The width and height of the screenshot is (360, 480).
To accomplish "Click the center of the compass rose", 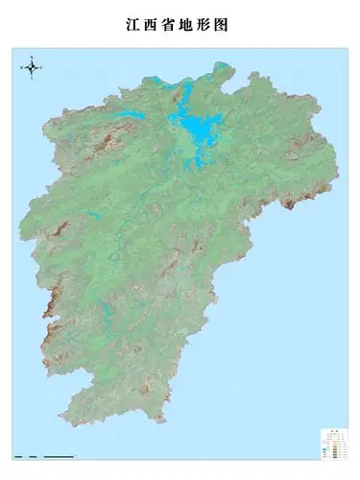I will click(32, 66).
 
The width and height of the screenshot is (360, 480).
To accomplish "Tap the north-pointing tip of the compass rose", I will click(32, 57).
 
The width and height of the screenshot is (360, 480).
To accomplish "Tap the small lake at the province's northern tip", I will click(222, 68).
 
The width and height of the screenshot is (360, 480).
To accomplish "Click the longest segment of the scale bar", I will click(60, 455).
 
